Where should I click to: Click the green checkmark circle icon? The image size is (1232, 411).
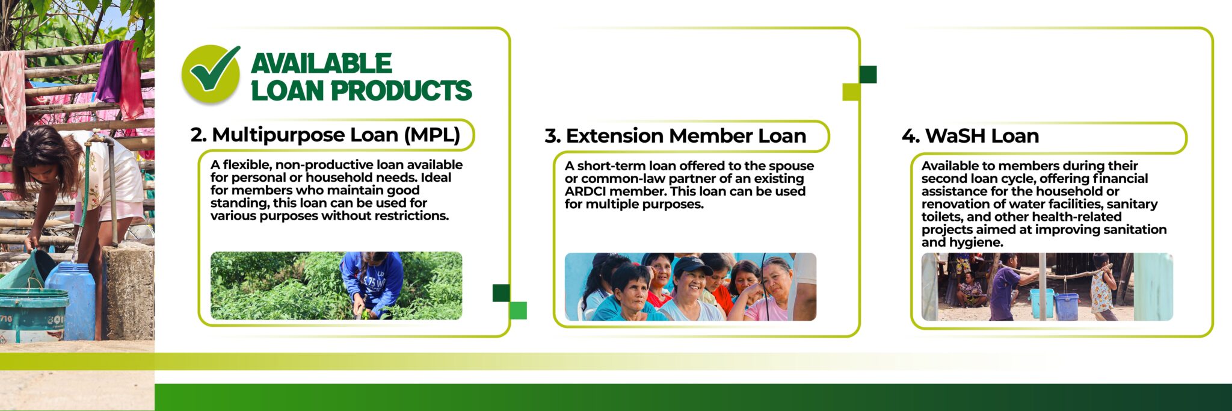(210, 73)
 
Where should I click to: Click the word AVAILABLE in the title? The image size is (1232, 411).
(321, 63)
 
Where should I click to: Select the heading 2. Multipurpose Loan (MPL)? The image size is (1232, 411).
(325, 135)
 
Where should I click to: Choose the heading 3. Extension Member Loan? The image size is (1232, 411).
(675, 136)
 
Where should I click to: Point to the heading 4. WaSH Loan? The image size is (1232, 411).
(970, 136)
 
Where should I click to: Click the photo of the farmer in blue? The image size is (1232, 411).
(336, 285)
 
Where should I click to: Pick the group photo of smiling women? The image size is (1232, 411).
(691, 286)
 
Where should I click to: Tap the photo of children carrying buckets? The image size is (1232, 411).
(1047, 286)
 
